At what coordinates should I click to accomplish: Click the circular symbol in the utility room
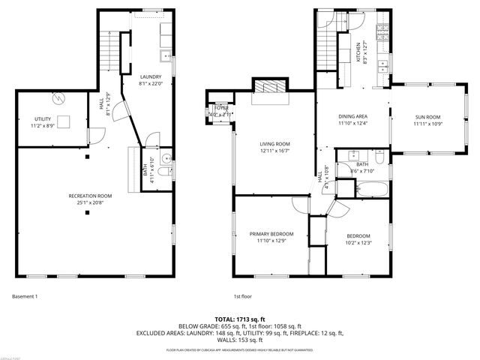tap(58, 98)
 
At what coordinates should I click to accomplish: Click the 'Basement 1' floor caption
tap(25, 295)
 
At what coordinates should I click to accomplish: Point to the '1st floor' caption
tap(242, 295)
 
